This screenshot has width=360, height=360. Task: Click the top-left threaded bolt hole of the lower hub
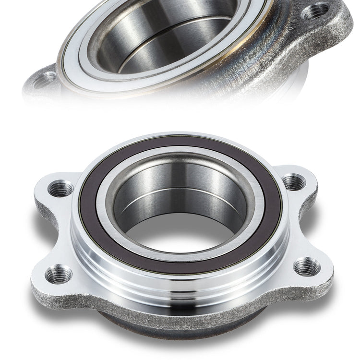(x=61, y=188)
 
